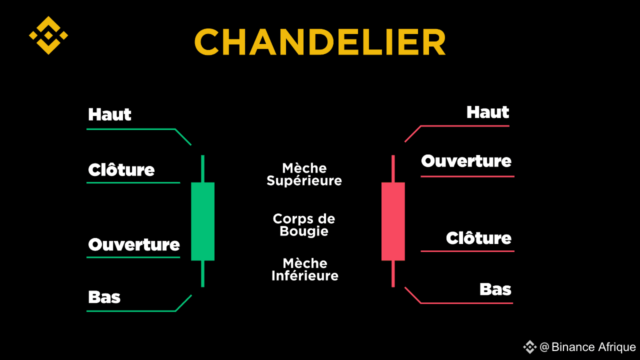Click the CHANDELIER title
coord(320,42)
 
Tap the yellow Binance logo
coord(48,35)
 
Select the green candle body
coord(202,221)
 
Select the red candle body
coord(393,221)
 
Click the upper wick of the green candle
coord(202,168)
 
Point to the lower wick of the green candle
coord(202,273)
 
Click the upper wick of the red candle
coord(393,168)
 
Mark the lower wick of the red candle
coord(393,273)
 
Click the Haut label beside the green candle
coord(109,114)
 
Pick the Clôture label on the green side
coord(121,170)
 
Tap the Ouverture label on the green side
coord(134,244)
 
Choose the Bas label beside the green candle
coord(104,297)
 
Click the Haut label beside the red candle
coord(487,112)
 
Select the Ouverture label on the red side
coord(466,161)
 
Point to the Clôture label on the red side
coord(478,238)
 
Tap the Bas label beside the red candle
coord(495,289)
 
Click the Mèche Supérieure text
coord(304,174)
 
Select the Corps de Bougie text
coord(304,225)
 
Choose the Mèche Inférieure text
coord(304,269)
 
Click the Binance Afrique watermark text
coord(587,347)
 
